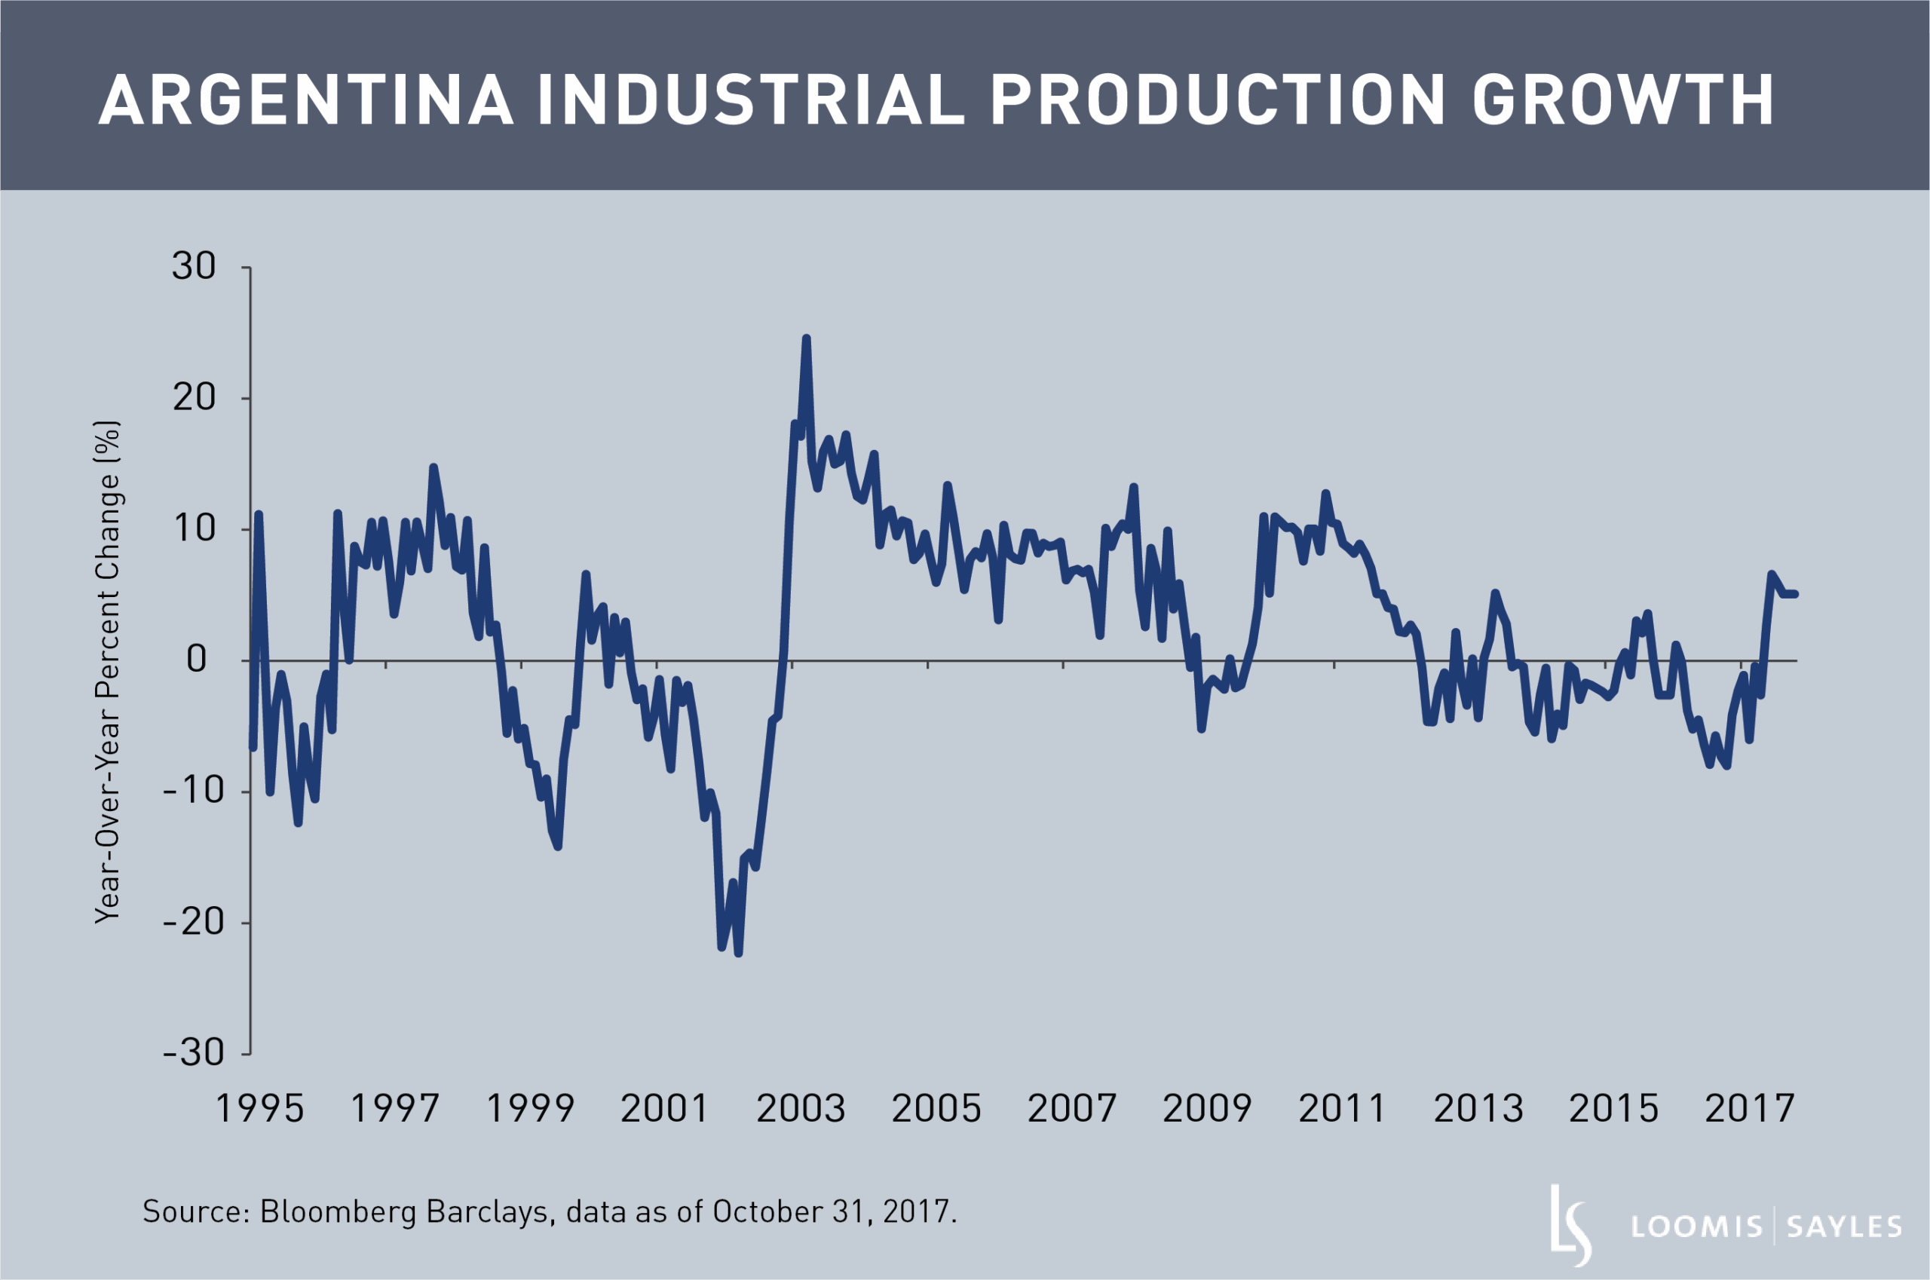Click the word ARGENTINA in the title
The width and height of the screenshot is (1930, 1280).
tap(305, 100)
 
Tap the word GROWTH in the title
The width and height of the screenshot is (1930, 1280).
tap(1622, 100)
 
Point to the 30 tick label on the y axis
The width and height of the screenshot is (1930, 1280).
tap(194, 267)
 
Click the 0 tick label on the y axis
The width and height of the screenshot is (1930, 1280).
tap(197, 660)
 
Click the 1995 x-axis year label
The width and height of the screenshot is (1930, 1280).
tap(259, 1110)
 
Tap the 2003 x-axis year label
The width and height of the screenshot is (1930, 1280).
tap(800, 1110)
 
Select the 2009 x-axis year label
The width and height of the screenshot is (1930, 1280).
tap(1207, 1110)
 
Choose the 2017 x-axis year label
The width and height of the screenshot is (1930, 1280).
tap(1749, 1110)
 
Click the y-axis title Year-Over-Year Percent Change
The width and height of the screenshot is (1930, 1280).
tap(108, 672)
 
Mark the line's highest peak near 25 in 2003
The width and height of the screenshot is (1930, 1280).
tap(806, 337)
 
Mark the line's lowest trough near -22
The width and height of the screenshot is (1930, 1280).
tap(738, 953)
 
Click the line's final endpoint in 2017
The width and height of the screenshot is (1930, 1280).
tap(1795, 594)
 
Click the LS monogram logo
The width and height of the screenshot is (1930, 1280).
tap(1570, 1225)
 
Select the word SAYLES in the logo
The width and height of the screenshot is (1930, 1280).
tap(1844, 1227)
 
